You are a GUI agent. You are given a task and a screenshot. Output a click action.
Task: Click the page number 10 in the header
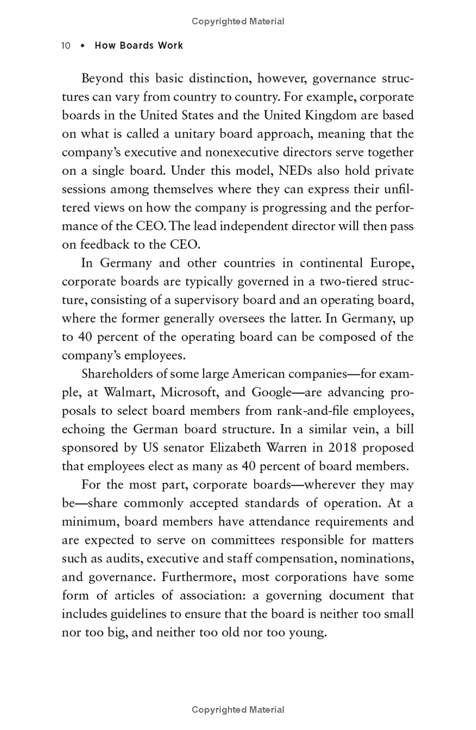coord(66,46)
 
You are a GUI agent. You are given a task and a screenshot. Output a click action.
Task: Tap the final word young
coord(308,632)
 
